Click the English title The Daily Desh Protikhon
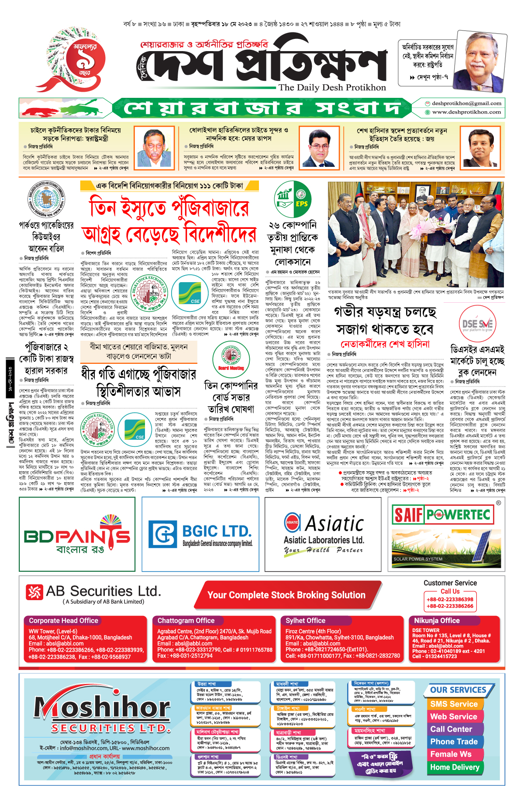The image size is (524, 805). point(332,87)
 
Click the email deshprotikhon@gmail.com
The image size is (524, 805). point(466,104)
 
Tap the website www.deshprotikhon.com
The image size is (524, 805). point(466,112)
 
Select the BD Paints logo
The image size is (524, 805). point(77,536)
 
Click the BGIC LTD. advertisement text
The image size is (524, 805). point(217,532)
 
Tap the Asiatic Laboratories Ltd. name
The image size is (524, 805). point(324,540)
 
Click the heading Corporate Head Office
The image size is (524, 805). point(63,621)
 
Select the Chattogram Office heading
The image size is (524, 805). point(186,621)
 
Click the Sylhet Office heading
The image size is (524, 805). point(305,621)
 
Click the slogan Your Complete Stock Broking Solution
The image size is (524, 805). point(286,595)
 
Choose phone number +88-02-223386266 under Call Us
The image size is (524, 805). point(450,606)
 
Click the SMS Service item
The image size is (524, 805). point(454,704)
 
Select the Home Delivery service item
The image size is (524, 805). point(455,767)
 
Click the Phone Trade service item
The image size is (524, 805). point(454,742)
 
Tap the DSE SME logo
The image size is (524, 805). point(477,324)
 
